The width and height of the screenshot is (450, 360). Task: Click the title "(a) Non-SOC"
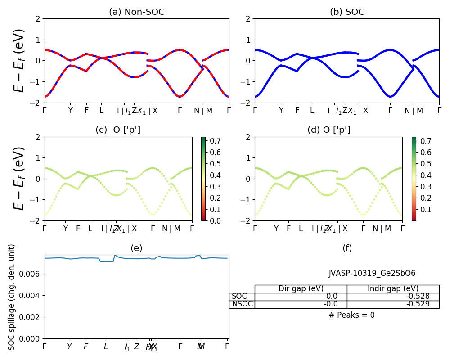click(x=137, y=12)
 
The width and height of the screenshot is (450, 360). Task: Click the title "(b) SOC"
click(x=347, y=12)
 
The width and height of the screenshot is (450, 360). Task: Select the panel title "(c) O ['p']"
click(x=118, y=130)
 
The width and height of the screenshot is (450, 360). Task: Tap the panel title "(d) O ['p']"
click(x=328, y=130)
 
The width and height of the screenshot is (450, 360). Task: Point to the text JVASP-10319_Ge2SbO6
click(x=372, y=273)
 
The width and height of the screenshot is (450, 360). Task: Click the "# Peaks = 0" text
click(x=351, y=315)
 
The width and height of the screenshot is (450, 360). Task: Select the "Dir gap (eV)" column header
click(x=301, y=289)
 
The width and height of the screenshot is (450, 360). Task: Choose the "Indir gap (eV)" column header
click(x=393, y=289)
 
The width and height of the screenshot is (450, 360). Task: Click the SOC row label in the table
click(x=239, y=297)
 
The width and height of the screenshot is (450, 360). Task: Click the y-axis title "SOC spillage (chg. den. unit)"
click(x=12, y=297)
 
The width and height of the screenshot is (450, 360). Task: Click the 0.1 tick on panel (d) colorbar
click(x=426, y=209)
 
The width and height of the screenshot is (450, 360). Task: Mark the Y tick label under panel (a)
click(x=70, y=110)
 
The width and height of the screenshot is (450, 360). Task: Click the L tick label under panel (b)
click(x=312, y=110)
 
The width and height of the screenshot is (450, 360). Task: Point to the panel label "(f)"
click(x=347, y=248)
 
